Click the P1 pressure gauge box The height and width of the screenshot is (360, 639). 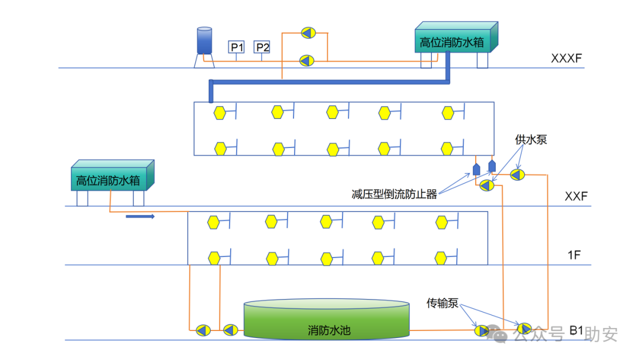click(x=237, y=47)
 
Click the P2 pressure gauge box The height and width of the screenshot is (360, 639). click(x=262, y=47)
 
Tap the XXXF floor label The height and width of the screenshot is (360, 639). click(x=566, y=59)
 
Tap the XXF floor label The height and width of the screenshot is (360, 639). click(x=576, y=196)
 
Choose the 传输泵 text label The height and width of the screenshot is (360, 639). click(x=443, y=303)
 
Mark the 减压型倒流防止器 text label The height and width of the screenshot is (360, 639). click(x=394, y=194)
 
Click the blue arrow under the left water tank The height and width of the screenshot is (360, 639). click(x=140, y=217)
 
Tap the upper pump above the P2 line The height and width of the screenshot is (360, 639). click(x=308, y=33)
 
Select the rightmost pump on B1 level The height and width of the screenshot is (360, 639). click(x=524, y=328)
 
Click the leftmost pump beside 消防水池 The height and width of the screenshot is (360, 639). click(x=202, y=330)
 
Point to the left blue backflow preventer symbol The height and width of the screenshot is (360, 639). click(x=477, y=169)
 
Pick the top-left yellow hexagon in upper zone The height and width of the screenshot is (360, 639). click(x=220, y=112)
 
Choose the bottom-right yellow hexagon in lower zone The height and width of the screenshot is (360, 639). click(x=441, y=258)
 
